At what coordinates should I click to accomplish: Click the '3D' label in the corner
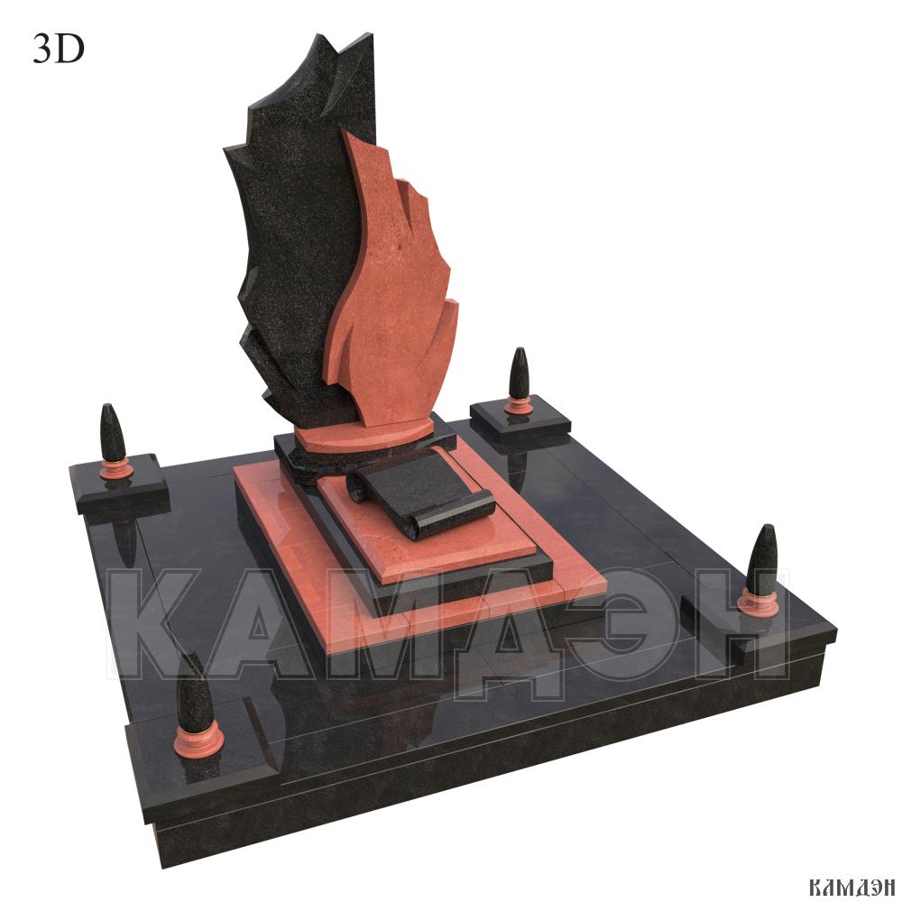pyautogui.click(x=59, y=49)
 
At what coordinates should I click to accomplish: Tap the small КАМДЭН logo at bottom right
pyautogui.click(x=851, y=887)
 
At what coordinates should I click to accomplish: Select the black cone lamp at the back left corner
pyautogui.click(x=110, y=433)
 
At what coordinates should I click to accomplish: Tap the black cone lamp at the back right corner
pyautogui.click(x=519, y=373)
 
